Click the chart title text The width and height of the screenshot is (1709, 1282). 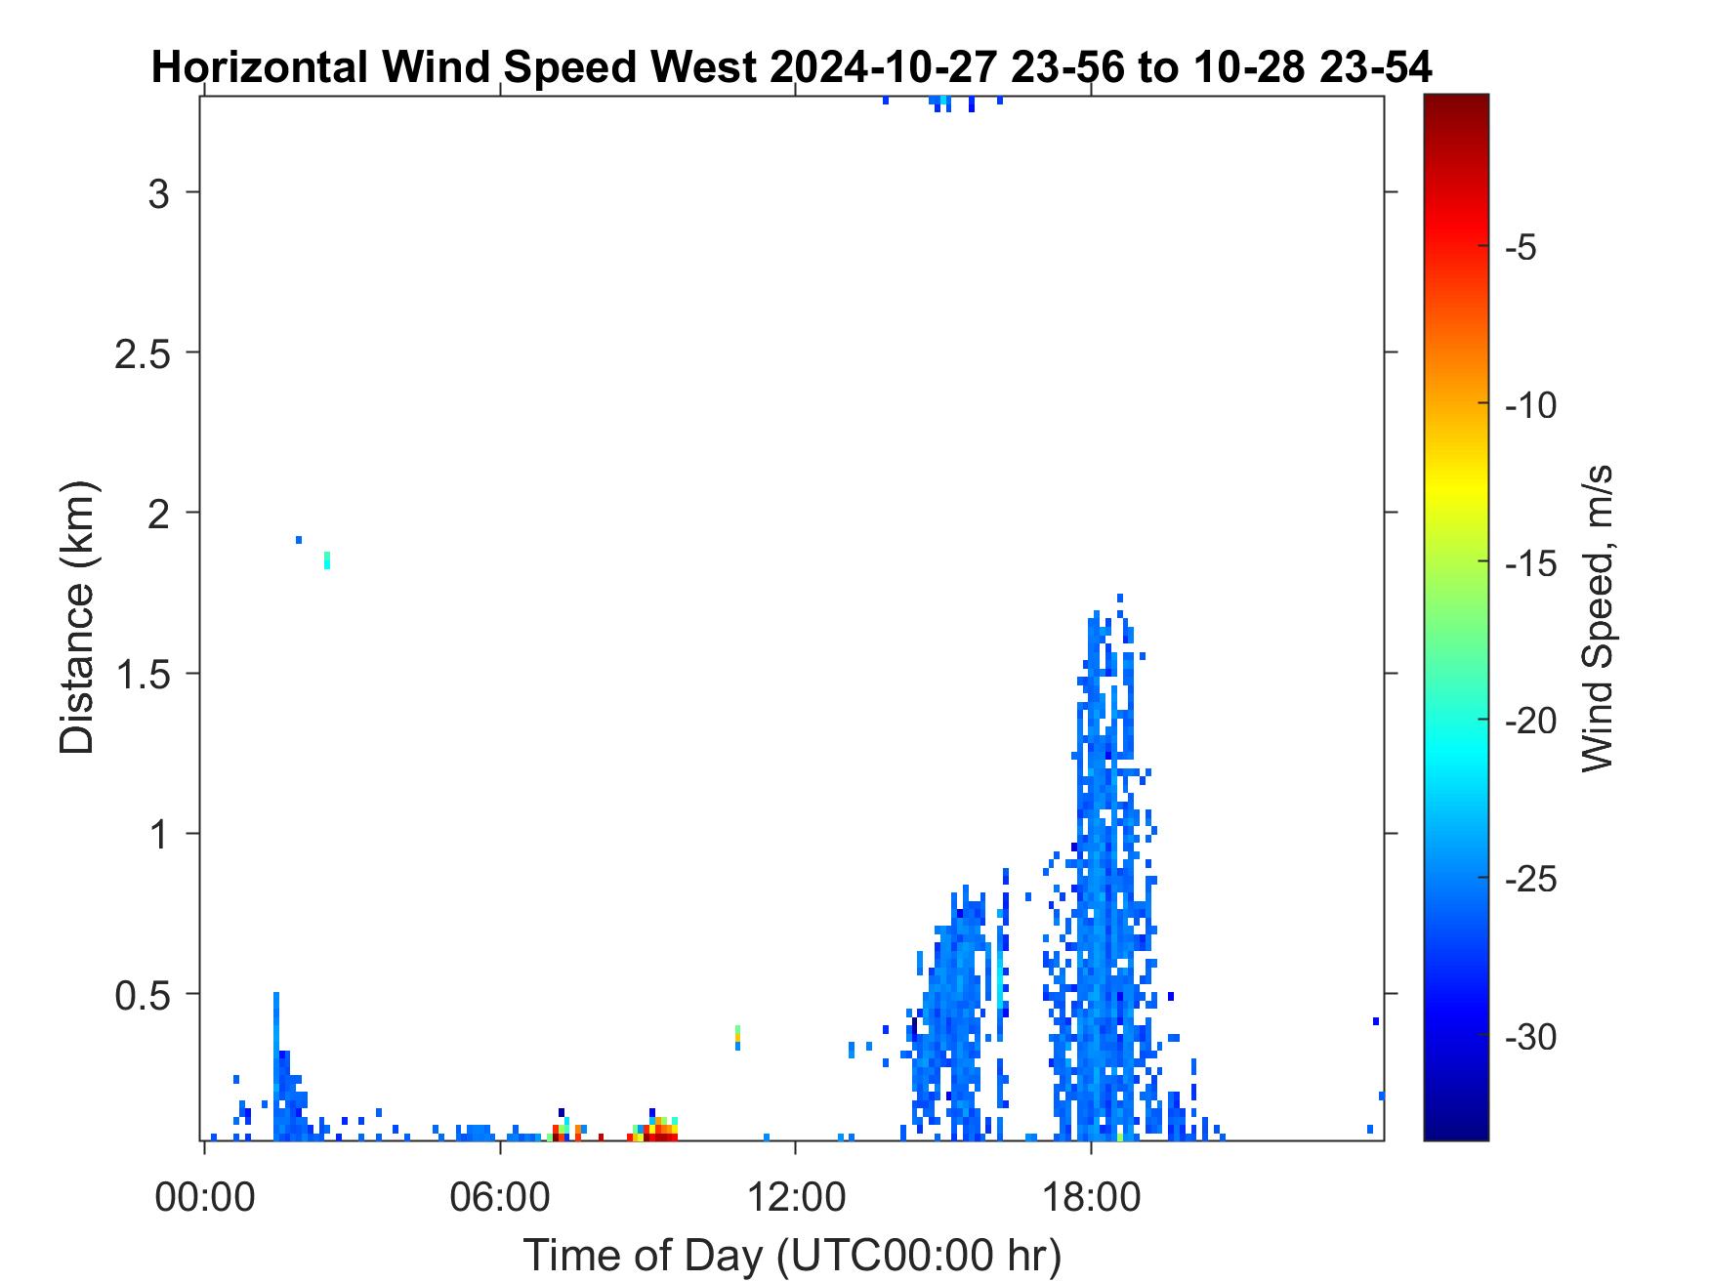coord(792,68)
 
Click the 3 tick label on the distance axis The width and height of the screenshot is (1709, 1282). coord(158,193)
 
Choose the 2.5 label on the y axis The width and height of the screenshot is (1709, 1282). coord(143,353)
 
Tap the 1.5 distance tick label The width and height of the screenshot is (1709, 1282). coord(143,675)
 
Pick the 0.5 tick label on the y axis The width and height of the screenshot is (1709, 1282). coord(143,996)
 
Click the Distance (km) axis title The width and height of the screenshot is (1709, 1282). coord(77,617)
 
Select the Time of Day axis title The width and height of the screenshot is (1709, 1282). coord(792,1255)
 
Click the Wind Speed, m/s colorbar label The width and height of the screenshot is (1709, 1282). coord(1596,617)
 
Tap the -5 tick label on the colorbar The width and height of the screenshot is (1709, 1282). coord(1521,247)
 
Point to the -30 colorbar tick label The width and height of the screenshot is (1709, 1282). coord(1530,1037)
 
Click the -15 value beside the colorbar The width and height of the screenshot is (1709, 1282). coord(1530,563)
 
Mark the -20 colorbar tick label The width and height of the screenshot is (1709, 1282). coord(1530,722)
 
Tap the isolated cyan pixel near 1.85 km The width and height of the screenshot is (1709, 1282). coord(327,559)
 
